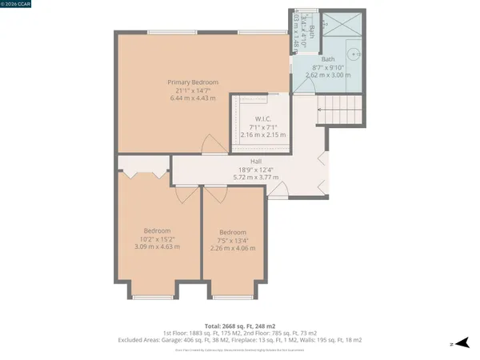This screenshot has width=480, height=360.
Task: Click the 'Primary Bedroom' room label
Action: click(192, 82)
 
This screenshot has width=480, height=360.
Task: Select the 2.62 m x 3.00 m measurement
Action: click(328, 75)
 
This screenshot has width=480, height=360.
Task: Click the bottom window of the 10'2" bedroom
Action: click(158, 298)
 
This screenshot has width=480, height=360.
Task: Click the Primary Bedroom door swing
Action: click(211, 144)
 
